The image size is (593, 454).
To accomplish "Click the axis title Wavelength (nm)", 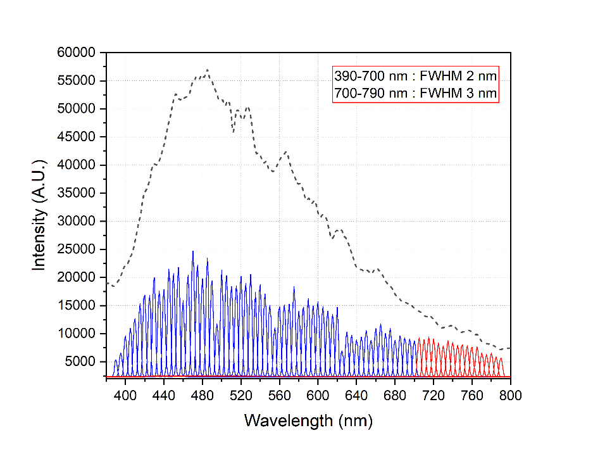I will coord(308,420).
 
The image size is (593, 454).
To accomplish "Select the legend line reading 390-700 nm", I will coord(416,75).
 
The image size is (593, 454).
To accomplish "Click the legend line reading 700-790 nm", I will coord(416,94).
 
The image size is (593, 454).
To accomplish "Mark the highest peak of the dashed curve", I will coord(207,70).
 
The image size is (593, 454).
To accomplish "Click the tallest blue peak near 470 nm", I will coord(193,251).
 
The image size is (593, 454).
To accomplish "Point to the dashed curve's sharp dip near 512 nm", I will coord(233,132).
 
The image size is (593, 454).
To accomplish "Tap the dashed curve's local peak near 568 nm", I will coord(287,151).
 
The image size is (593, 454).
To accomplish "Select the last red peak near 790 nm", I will coord(501,358).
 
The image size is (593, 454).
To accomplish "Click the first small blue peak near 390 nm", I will coord(116,360).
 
